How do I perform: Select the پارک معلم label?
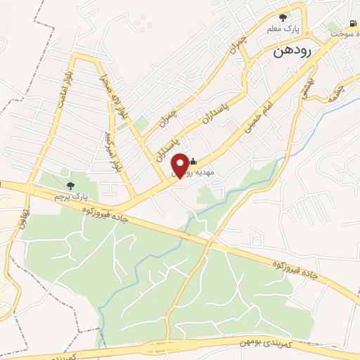pos(283,30)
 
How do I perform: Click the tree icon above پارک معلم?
pos(283,18)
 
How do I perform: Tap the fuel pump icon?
pos(352,22)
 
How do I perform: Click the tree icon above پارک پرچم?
pos(67,186)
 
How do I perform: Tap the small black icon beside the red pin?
pos(193,161)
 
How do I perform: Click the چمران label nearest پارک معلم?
pos(241,45)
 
